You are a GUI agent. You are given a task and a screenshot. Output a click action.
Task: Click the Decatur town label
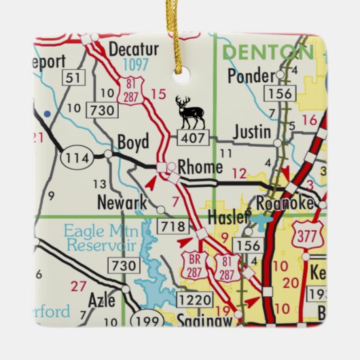click(x=133, y=49)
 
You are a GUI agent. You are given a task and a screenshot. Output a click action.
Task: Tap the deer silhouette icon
click(x=190, y=112)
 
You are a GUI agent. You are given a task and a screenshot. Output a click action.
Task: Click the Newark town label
click(x=122, y=202)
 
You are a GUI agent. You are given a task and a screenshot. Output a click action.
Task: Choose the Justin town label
click(x=251, y=131)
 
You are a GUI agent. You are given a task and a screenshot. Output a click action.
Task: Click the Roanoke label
click(x=285, y=204)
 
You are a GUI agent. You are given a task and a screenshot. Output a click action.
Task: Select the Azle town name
click(x=101, y=298)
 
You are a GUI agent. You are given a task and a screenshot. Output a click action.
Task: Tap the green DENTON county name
click(x=268, y=52)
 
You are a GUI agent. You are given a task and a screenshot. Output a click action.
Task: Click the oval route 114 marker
click(x=77, y=158)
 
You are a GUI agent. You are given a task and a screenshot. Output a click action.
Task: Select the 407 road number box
click(x=189, y=139)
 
